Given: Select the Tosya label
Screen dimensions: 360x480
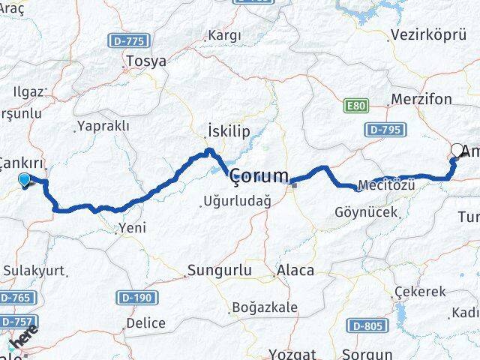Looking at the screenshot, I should coord(147,61).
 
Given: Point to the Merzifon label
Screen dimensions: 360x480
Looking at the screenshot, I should coord(421,100).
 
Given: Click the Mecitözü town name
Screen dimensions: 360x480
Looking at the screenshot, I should coord(385,184).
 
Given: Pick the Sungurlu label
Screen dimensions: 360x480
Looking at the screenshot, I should coord(220,270).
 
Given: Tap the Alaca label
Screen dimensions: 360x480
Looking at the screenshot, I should coord(295,271).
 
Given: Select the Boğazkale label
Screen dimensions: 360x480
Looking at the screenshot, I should coord(265,307).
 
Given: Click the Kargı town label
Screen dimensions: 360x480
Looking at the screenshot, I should coord(224,35).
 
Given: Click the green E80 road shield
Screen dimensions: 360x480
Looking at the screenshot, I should coord(356,106).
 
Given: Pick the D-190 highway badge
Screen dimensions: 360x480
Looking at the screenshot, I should coord(136,298).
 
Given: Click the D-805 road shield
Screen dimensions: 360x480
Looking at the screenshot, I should coord(365,325).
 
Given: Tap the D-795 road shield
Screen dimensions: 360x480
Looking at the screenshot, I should coord(385,130).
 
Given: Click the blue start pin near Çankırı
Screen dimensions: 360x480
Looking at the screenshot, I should coord(25,179).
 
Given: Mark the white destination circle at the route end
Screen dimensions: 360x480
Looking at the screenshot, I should coord(457,149).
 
